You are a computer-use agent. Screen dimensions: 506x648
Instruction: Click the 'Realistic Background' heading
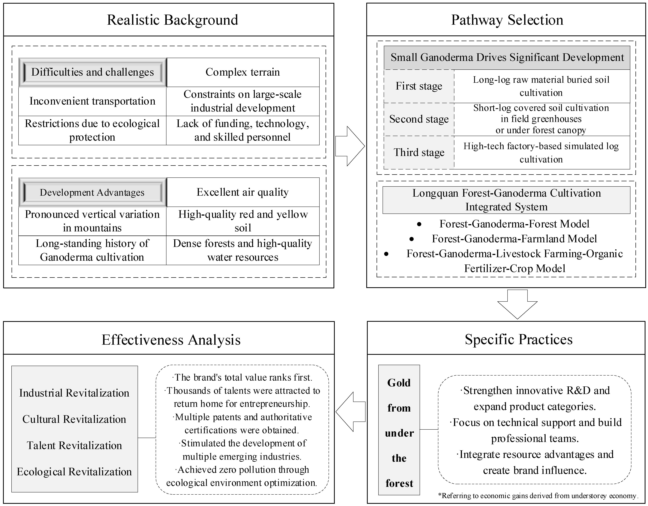(172, 20)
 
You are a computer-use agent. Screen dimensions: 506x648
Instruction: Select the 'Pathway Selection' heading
(507, 20)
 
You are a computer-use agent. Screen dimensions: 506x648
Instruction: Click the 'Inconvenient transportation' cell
(92, 101)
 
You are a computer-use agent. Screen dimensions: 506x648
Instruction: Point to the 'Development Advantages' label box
(92, 192)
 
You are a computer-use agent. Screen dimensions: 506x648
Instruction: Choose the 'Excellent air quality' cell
(243, 192)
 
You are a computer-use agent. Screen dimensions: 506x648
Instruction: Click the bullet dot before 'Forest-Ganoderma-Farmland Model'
(412, 239)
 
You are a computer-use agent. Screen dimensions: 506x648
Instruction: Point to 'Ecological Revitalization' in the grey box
(74, 472)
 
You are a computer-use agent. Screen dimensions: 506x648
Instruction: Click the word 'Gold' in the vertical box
(399, 383)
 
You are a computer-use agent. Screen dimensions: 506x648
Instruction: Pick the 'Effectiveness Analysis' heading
(171, 340)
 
